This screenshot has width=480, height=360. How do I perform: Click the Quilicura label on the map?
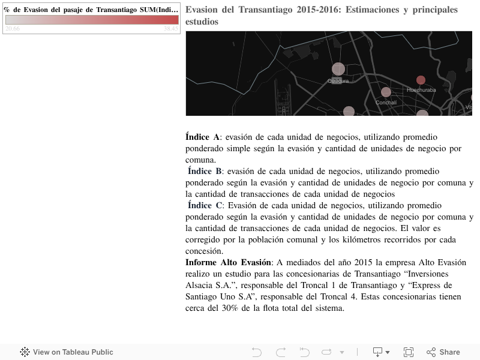click(338, 81)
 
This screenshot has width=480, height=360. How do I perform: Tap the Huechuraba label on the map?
click(421, 90)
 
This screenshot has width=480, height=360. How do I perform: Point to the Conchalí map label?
click(386, 103)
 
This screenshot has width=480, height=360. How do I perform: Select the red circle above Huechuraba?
click(421, 80)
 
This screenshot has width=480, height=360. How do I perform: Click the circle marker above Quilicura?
click(338, 68)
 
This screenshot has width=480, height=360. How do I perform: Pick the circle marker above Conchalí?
click(386, 92)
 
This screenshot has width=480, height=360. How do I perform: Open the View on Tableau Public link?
click(67, 352)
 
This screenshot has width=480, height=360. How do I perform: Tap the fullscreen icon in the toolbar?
click(409, 352)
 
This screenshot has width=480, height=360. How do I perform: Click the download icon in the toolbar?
click(378, 352)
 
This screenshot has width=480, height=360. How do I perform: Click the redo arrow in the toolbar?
click(280, 352)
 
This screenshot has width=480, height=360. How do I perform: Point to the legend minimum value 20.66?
click(12, 29)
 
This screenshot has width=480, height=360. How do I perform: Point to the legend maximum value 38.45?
click(171, 29)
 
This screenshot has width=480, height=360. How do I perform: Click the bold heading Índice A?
click(203, 137)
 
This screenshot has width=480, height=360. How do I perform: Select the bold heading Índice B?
click(205, 172)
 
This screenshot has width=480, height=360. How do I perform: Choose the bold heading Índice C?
click(205, 206)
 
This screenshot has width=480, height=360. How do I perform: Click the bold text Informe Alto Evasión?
click(228, 263)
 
